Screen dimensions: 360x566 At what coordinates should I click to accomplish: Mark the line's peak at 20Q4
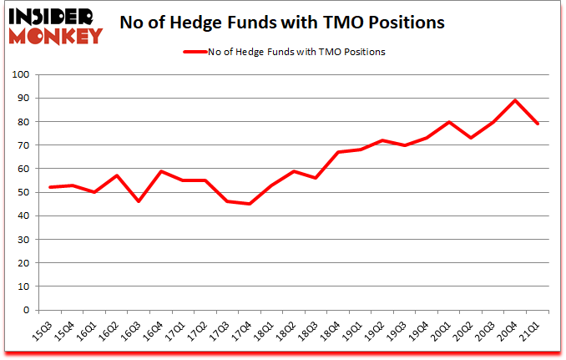[515, 101]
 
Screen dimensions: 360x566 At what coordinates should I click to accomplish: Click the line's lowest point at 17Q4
[249, 204]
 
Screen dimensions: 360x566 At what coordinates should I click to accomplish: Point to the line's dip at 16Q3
[139, 201]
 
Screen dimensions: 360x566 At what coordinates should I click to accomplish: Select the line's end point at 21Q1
[537, 124]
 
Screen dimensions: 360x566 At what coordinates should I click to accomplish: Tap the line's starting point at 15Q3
[50, 187]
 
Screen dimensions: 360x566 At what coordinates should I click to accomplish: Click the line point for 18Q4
[337, 152]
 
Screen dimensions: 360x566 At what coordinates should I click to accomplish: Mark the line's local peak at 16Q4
[160, 171]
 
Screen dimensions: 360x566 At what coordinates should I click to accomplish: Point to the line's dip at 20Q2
[470, 138]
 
